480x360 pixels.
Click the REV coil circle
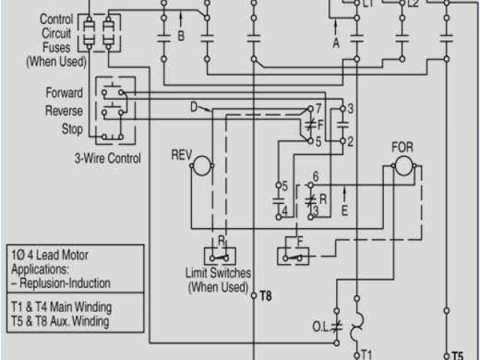[x=201, y=167]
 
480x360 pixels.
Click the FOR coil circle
[x=403, y=166]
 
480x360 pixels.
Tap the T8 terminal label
[x=265, y=296]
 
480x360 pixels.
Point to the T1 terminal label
[x=367, y=354]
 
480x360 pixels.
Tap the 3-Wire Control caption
[x=107, y=158]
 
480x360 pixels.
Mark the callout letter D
[x=193, y=107]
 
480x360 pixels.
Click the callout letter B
[x=181, y=35]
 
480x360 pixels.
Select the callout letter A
[x=336, y=43]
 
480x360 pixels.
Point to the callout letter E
[x=344, y=211]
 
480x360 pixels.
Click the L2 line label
[x=413, y=4]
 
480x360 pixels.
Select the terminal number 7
[x=319, y=108]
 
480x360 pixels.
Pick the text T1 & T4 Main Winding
[x=61, y=307]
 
